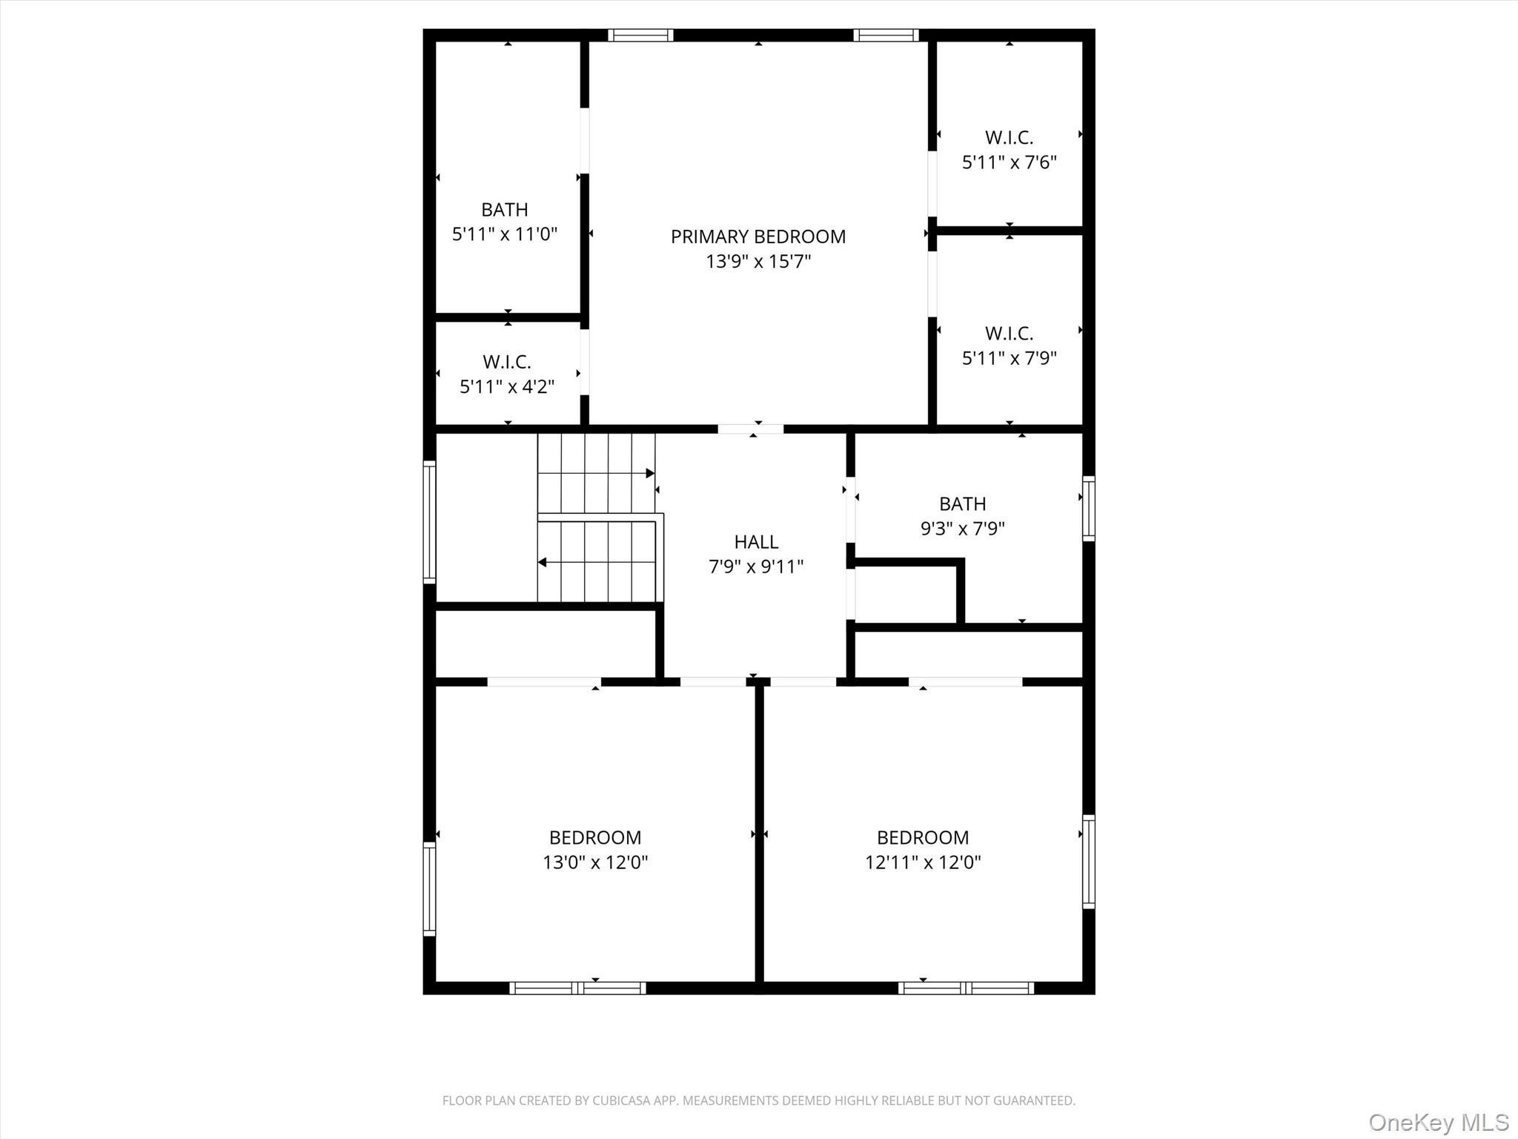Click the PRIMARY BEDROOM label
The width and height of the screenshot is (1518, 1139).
[758, 237]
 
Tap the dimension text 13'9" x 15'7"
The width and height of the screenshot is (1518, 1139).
[758, 261]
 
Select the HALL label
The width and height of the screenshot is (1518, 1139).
[756, 542]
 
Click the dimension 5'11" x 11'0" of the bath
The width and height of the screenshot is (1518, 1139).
[504, 234]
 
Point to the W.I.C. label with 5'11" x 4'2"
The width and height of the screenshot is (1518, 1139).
[507, 362]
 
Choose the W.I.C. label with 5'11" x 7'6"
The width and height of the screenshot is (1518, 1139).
[1009, 138]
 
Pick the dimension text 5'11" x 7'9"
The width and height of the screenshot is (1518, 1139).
[1009, 358]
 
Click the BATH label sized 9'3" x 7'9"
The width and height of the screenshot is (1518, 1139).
[962, 504]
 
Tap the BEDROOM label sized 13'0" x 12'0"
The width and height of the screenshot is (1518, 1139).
[595, 838]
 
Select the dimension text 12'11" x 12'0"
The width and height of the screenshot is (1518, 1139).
[922, 862]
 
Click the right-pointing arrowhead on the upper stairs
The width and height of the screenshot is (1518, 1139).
[650, 473]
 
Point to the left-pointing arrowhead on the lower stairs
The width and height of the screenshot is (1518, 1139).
[542, 562]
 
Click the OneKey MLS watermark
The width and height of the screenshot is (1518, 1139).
[1438, 1122]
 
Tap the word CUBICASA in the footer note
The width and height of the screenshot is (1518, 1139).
[620, 1100]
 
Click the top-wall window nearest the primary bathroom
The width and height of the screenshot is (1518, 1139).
[640, 35]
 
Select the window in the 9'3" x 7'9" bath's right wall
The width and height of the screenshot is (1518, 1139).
[1088, 508]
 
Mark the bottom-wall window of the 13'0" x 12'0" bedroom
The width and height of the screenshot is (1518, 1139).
[577, 988]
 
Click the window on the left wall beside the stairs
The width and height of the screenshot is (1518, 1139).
[429, 521]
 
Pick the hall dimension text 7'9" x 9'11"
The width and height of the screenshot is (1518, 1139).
[756, 567]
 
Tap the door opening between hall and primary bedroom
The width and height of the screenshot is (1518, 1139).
[750, 429]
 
